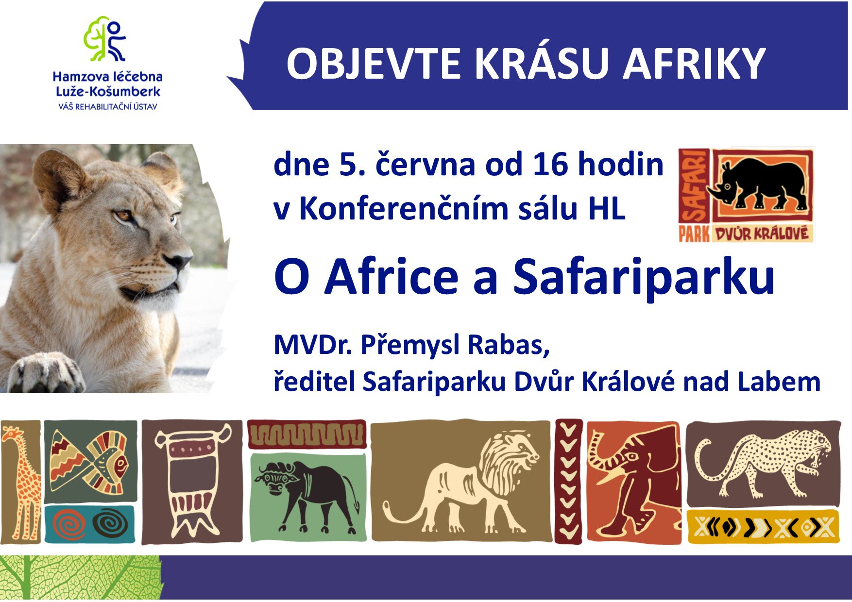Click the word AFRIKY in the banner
pyautogui.click(x=695, y=64)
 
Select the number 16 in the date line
pyautogui.click(x=550, y=164)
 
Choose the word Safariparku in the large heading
pyautogui.click(x=644, y=277)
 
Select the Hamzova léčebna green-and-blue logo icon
pyautogui.click(x=105, y=40)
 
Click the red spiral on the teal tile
pyautogui.click(x=69, y=525)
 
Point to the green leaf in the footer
pyautogui.click(x=80, y=578)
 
